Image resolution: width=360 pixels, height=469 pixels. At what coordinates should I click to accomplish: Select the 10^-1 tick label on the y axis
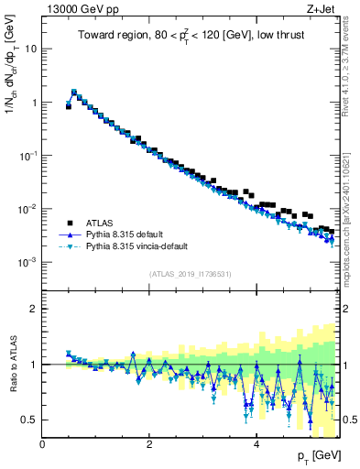(x=29, y=156)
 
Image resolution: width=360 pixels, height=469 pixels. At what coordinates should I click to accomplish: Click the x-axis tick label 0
(x=42, y=444)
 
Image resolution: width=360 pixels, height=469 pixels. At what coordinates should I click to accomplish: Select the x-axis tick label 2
(x=149, y=444)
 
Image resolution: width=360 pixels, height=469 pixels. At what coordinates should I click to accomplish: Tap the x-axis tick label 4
(x=256, y=444)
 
